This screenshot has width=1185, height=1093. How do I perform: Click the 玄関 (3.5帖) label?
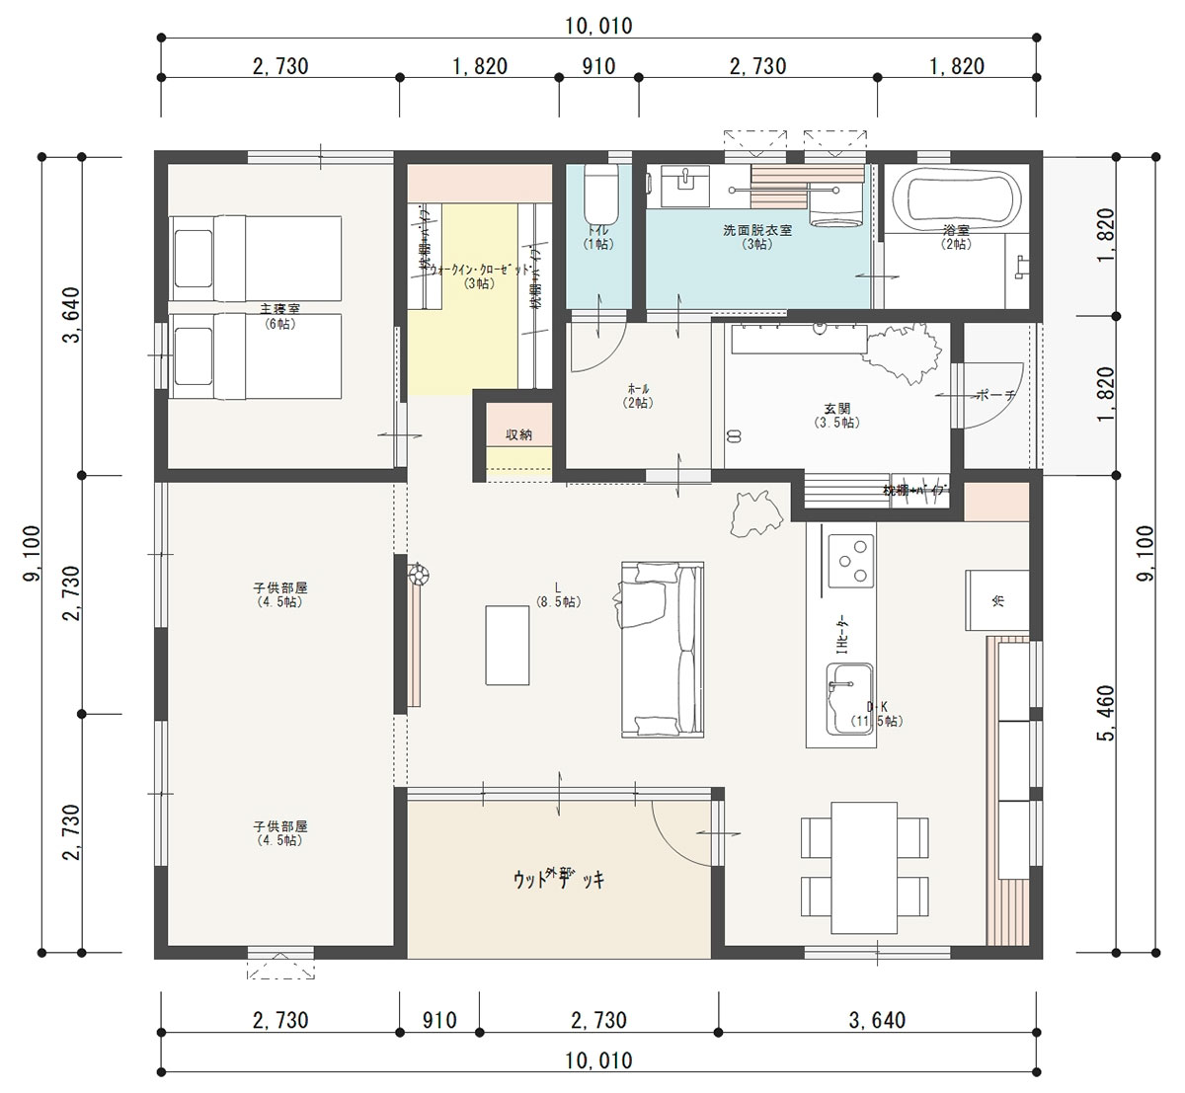[837, 415]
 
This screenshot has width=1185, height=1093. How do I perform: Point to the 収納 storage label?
[519, 434]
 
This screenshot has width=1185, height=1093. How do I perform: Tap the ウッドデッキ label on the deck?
[559, 878]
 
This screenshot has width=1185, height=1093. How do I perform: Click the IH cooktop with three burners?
[850, 560]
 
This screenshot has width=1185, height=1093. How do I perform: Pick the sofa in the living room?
[663, 649]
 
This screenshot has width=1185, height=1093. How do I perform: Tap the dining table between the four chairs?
[865, 867]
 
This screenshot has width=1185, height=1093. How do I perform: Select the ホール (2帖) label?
[638, 395]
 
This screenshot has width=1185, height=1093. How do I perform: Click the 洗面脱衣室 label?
[757, 236]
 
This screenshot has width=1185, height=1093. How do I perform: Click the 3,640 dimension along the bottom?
[877, 1020]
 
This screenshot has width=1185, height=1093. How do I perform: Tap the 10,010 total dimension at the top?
[599, 27]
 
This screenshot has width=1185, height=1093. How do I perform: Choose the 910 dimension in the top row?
[598, 66]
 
